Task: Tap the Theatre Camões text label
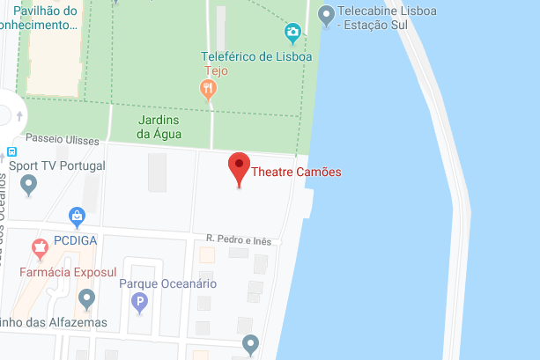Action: coord(296,172)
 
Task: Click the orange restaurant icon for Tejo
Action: coord(207,88)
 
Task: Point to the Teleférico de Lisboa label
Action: coord(256,56)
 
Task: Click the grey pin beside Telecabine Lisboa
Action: coord(327,14)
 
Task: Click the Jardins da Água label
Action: coord(159,127)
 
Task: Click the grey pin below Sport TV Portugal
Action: coord(29,185)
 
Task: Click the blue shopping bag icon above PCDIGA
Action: coord(78,216)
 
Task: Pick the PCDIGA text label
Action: coord(75,239)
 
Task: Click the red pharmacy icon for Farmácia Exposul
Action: coord(39,247)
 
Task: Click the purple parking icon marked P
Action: coord(138,304)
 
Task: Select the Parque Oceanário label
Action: coord(167,283)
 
